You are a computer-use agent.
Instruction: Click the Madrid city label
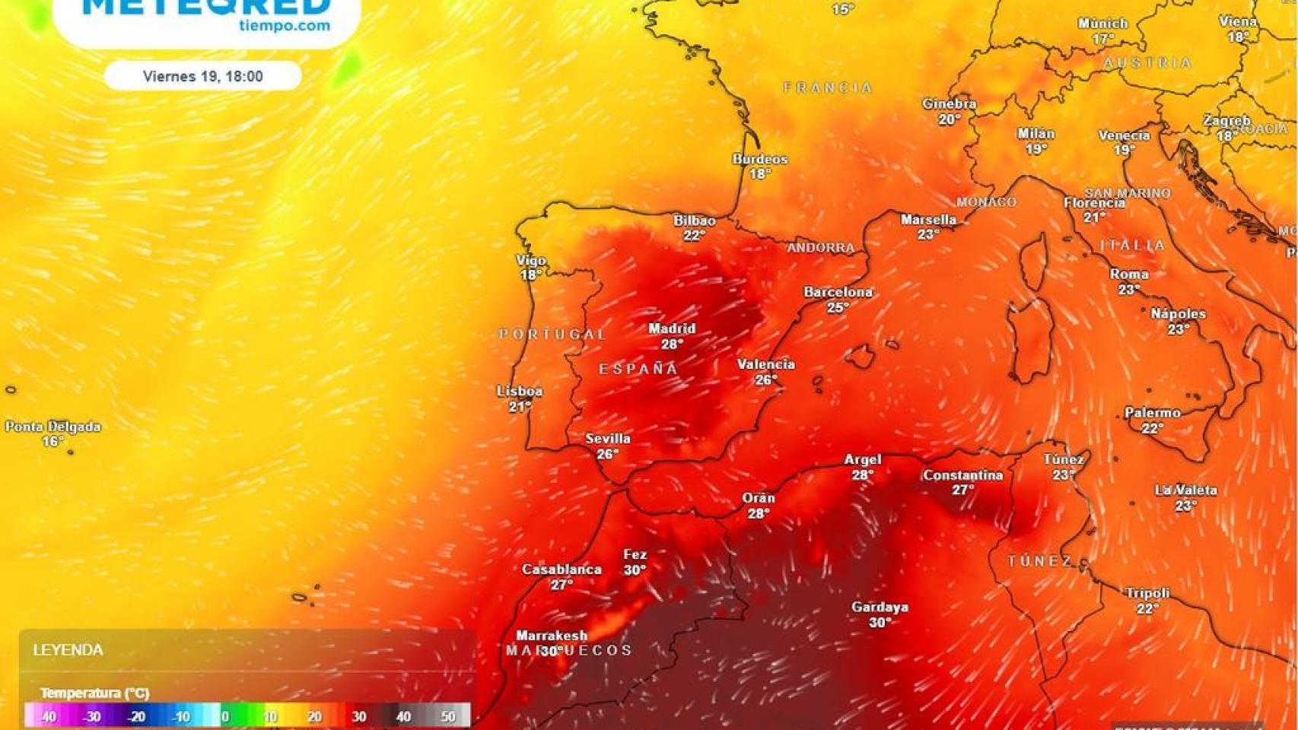pyautogui.click(x=672, y=328)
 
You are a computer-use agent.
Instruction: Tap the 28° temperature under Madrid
pyautogui.click(x=672, y=344)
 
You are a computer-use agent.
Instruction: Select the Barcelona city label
pyautogui.click(x=838, y=292)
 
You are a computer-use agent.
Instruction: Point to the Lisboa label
pyautogui.click(x=520, y=392)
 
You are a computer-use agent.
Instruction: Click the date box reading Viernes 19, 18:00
pyautogui.click(x=202, y=76)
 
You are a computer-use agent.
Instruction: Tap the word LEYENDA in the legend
pyautogui.click(x=68, y=650)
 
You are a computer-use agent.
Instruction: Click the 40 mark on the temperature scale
pyautogui.click(x=403, y=716)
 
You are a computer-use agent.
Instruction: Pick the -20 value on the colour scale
pyautogui.click(x=136, y=716)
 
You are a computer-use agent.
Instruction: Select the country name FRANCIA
pyautogui.click(x=828, y=88)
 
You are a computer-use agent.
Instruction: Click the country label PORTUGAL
pyautogui.click(x=552, y=334)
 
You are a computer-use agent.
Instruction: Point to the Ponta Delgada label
pyautogui.click(x=53, y=427)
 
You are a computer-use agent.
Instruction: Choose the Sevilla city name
pyautogui.click(x=608, y=439)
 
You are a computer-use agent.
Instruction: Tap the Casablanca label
pyautogui.click(x=562, y=570)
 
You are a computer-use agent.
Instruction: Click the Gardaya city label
pyautogui.click(x=880, y=608)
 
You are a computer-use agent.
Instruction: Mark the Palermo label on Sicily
pyautogui.click(x=1153, y=413)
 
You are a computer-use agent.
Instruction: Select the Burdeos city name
pyautogui.click(x=760, y=159)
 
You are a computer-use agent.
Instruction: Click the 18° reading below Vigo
pyautogui.click(x=531, y=275)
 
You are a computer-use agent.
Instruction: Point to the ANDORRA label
pyautogui.click(x=821, y=248)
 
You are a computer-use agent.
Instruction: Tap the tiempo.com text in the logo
pyautogui.click(x=285, y=26)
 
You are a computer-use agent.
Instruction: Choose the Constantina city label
pyautogui.click(x=962, y=475)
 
